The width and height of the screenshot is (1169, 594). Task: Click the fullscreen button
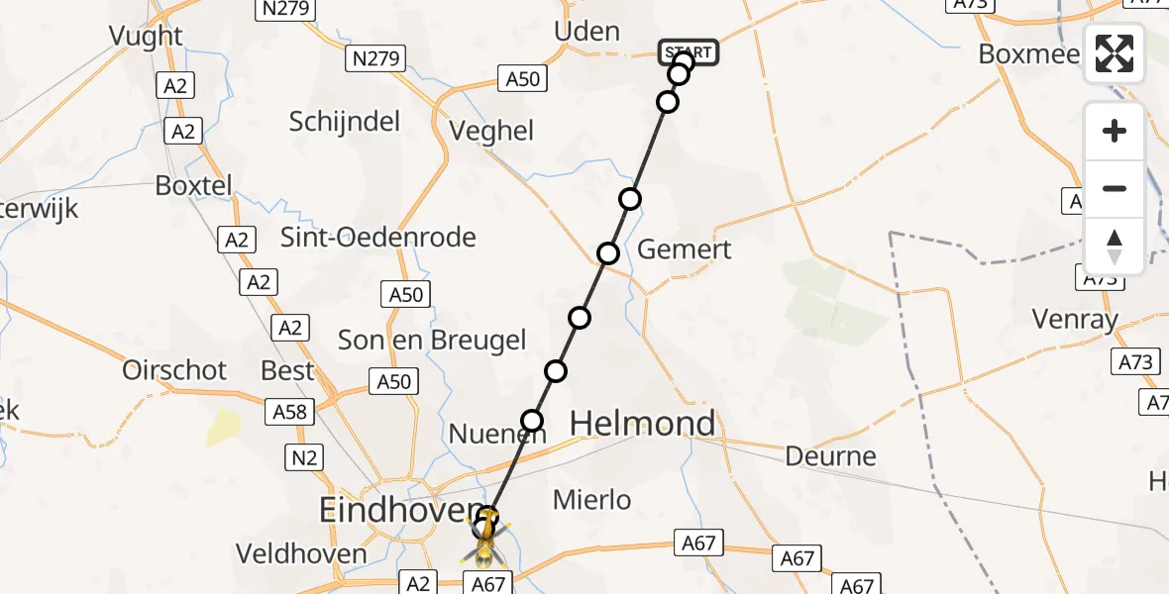point(1115,53)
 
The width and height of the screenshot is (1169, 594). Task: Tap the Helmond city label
point(643,424)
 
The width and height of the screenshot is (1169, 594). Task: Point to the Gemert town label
point(684,248)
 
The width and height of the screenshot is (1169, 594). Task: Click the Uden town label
point(586,32)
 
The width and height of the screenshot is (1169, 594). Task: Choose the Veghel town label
point(491,131)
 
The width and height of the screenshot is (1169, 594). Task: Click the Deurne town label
point(830,456)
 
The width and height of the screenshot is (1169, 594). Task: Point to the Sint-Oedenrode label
point(378,238)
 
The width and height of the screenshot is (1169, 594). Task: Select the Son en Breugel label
point(432,341)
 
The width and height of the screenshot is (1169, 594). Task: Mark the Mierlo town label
point(591,500)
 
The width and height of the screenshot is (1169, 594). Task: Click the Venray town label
point(1074,320)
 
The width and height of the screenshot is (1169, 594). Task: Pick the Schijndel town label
point(345,122)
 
